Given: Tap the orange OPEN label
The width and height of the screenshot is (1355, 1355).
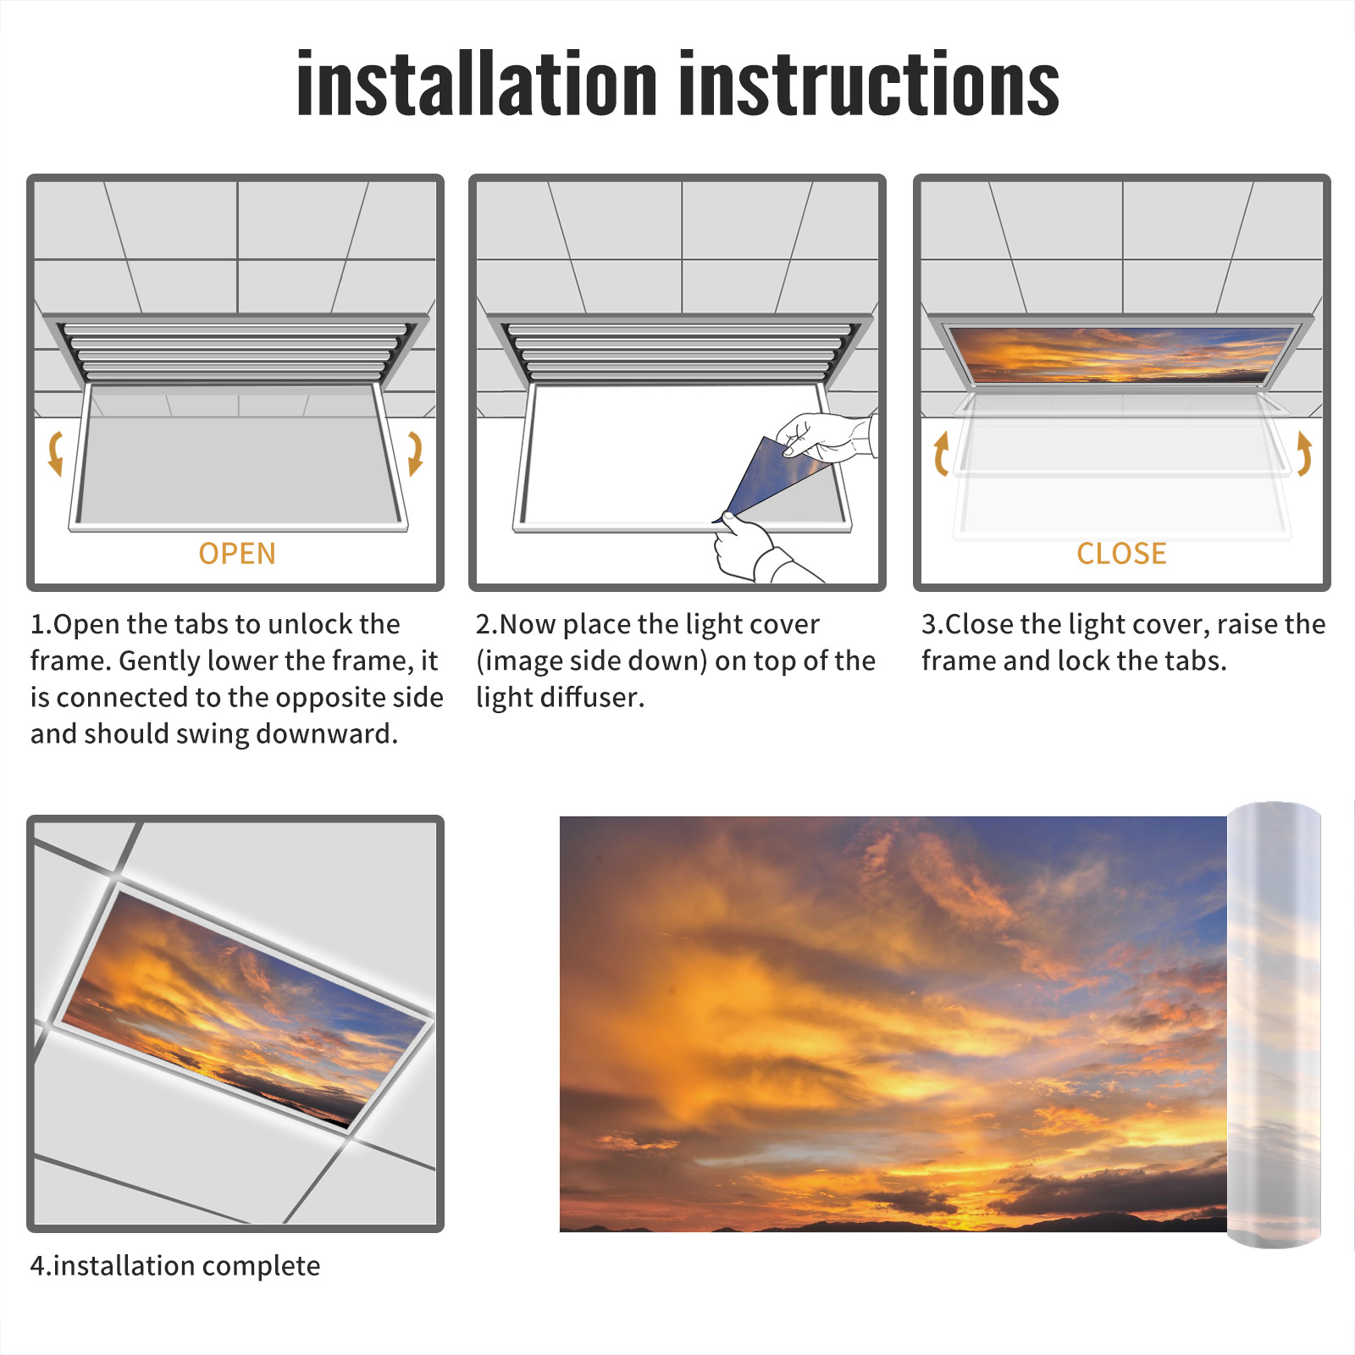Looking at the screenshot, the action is pos(237,554).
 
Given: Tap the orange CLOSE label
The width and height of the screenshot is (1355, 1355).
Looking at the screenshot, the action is pos(1121,554).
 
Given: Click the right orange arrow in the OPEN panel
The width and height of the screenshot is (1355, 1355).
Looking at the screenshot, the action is pos(415,453).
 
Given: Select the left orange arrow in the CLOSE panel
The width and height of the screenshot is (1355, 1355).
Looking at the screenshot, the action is pos(940,453).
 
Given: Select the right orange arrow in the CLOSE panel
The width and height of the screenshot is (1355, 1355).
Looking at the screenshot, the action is pos(1304,453).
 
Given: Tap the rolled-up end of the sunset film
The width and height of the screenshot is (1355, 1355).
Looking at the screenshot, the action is pos(1274,1025).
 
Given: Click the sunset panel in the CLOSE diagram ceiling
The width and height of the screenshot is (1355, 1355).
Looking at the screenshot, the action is pos(1120,354).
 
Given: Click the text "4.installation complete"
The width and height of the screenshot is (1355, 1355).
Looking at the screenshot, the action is pos(175,1266).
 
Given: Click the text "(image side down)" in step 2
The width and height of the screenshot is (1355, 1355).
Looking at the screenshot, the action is pos(591,661).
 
